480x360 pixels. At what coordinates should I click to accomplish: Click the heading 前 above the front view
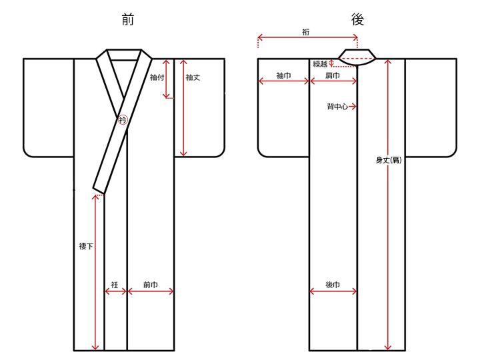127,19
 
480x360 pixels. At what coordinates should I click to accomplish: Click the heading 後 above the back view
357,19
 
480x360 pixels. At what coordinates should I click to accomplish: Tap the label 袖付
157,77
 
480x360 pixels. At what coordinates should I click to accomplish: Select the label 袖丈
193,77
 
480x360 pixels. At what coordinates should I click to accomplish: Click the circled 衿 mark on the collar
123,120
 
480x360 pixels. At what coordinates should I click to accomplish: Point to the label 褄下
86,246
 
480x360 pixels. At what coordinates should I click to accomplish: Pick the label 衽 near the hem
115,285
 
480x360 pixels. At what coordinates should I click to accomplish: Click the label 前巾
150,285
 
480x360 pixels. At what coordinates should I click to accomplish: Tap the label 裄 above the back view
306,32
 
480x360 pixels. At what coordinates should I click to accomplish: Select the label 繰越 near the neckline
320,64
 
